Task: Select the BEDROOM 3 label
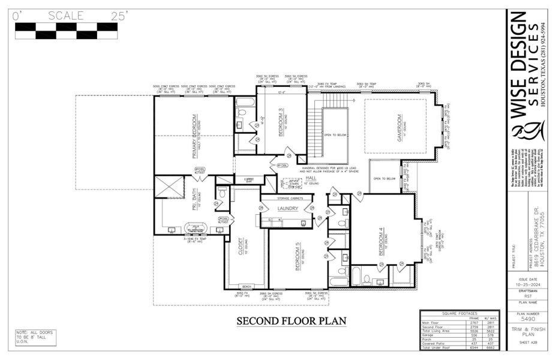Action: click(x=281, y=122)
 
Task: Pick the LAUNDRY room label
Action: click(x=288, y=208)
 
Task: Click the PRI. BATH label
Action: click(x=195, y=199)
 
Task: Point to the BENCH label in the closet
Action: click(x=246, y=286)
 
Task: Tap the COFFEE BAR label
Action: click(x=248, y=179)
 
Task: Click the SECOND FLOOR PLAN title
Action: click(x=291, y=320)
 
